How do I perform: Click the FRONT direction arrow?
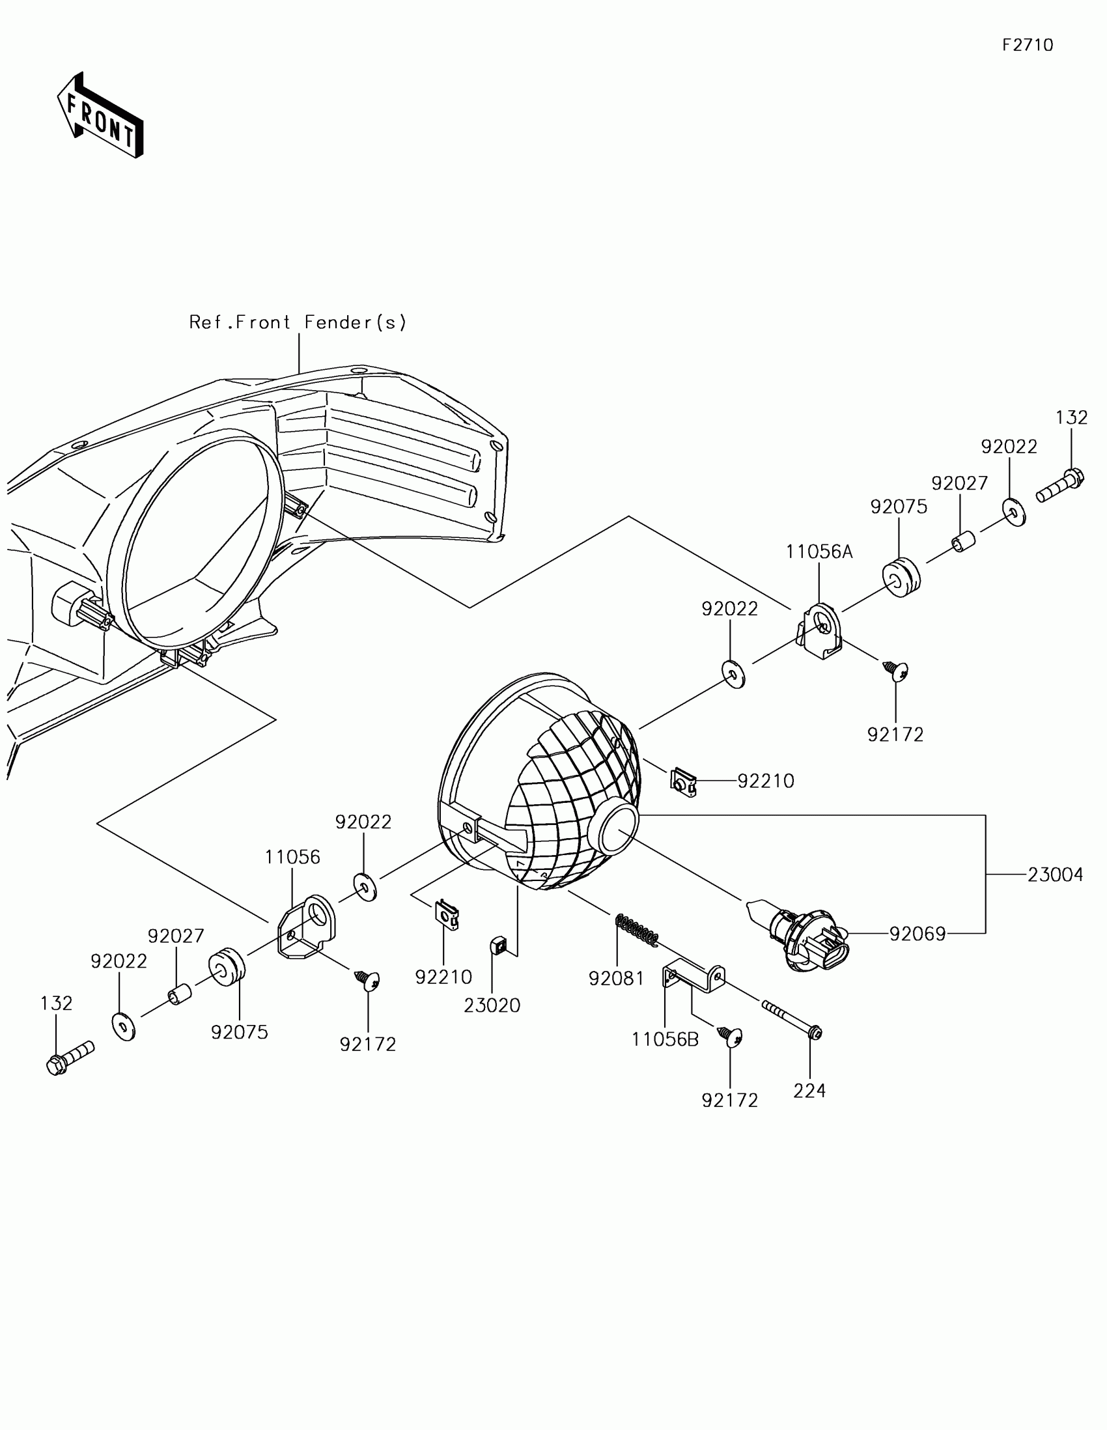point(100,116)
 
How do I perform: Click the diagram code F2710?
point(1027,45)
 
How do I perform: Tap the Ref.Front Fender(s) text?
point(298,322)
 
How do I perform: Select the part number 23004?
point(1056,875)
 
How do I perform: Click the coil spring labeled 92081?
point(636,931)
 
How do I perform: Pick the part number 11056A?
point(819,552)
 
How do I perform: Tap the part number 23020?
point(492,1005)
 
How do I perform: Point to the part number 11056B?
point(665,1039)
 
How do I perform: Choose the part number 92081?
point(617,978)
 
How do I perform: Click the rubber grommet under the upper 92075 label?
point(901,578)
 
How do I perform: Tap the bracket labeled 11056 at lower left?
point(306,927)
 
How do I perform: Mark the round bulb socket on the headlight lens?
point(615,828)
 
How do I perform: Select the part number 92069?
point(917,934)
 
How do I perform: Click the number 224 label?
point(809,1091)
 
